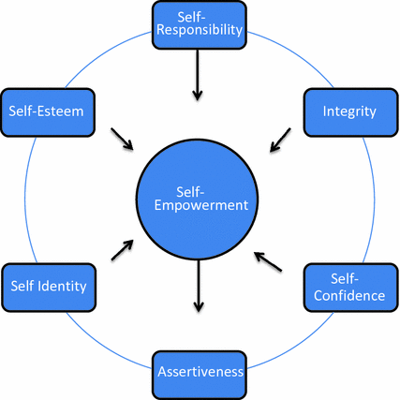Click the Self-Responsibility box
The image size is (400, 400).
(x=198, y=22)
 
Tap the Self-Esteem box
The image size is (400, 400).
(x=47, y=111)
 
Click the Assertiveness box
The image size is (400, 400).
(x=198, y=371)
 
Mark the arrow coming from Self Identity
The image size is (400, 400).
(x=122, y=248)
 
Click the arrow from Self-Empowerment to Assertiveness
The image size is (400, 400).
(x=197, y=287)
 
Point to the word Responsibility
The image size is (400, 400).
(x=198, y=29)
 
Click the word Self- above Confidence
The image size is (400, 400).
(x=348, y=278)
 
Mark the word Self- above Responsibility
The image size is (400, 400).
(x=198, y=15)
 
